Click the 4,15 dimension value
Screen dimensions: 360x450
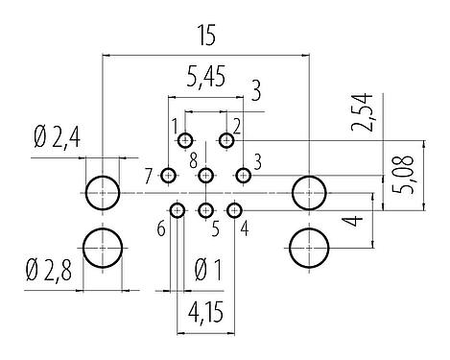click(206, 314)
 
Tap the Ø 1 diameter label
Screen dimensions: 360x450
click(208, 269)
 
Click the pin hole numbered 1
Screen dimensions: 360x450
click(186, 141)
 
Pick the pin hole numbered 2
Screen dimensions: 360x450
click(226, 141)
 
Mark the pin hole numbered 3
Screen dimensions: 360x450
click(244, 175)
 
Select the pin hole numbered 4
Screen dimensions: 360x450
click(234, 209)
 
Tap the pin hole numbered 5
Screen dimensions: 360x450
click(206, 209)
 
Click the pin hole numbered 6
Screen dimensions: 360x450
click(178, 209)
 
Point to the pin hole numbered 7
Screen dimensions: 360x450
click(169, 175)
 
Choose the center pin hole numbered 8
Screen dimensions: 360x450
click(205, 175)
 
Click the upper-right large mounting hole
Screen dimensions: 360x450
click(309, 192)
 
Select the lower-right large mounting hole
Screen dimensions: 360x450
click(309, 248)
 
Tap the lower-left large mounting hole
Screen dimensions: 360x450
click(102, 248)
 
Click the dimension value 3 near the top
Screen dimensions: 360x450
click(255, 93)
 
